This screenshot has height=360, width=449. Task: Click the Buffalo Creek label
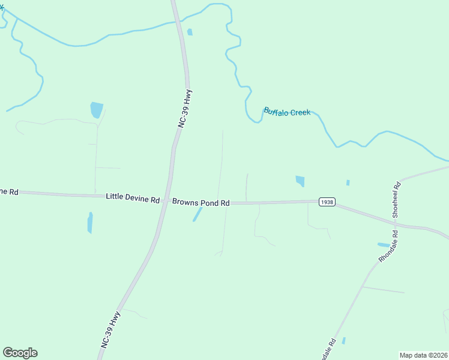[287, 112]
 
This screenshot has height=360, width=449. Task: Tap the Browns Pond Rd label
[201, 203]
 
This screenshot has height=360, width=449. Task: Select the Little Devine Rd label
[133, 197]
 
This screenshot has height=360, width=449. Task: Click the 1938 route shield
[327, 202]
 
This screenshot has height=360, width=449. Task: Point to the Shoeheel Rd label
[396, 200]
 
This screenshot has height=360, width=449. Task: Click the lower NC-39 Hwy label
[111, 329]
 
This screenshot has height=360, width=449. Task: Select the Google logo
[20, 353]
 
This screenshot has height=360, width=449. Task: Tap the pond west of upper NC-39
[96, 110]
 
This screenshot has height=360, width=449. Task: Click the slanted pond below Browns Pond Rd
[197, 214]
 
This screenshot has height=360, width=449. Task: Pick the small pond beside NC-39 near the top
[190, 32]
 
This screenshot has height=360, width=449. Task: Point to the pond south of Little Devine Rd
[90, 222]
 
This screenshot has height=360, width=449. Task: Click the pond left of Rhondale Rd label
[383, 245]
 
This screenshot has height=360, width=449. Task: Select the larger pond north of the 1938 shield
[300, 181]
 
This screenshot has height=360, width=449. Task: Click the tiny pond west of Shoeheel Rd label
[348, 182]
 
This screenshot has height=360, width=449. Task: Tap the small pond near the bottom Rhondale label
[343, 341]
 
